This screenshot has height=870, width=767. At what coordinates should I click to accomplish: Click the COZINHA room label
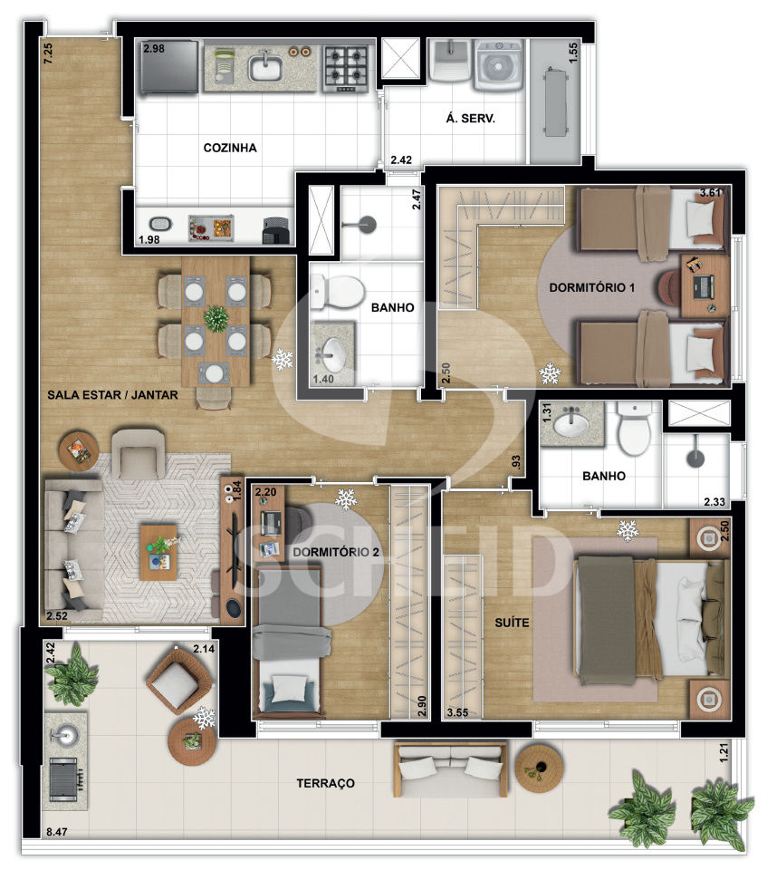coord(230,148)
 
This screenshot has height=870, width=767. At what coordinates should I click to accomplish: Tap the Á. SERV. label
coord(470,118)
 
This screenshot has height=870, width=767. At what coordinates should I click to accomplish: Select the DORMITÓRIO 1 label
coord(591,287)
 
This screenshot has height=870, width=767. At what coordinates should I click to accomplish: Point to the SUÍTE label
coord(512,623)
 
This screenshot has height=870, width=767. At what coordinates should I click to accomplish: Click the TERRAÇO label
coord(326,783)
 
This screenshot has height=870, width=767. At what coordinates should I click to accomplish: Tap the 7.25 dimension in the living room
coord(48,53)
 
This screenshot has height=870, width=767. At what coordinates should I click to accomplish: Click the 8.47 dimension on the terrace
coord(56,832)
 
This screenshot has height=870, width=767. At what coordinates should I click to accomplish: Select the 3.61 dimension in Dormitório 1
coord(711,192)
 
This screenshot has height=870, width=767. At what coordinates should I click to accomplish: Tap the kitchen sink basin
coord(266,68)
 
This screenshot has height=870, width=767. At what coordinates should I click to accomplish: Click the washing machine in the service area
coord(497,65)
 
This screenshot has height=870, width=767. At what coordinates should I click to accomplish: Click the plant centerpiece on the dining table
coord(216,318)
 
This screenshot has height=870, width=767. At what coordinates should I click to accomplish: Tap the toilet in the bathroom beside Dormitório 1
coord(338,291)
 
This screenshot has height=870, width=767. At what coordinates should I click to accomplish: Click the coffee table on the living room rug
coord(158,553)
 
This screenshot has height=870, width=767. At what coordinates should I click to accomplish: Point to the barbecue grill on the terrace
coord(65,779)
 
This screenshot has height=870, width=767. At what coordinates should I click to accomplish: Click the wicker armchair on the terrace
coord(178,681)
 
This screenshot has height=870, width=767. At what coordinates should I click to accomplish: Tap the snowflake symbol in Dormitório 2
coord(346,499)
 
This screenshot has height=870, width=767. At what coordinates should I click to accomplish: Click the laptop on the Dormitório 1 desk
coord(704,286)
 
